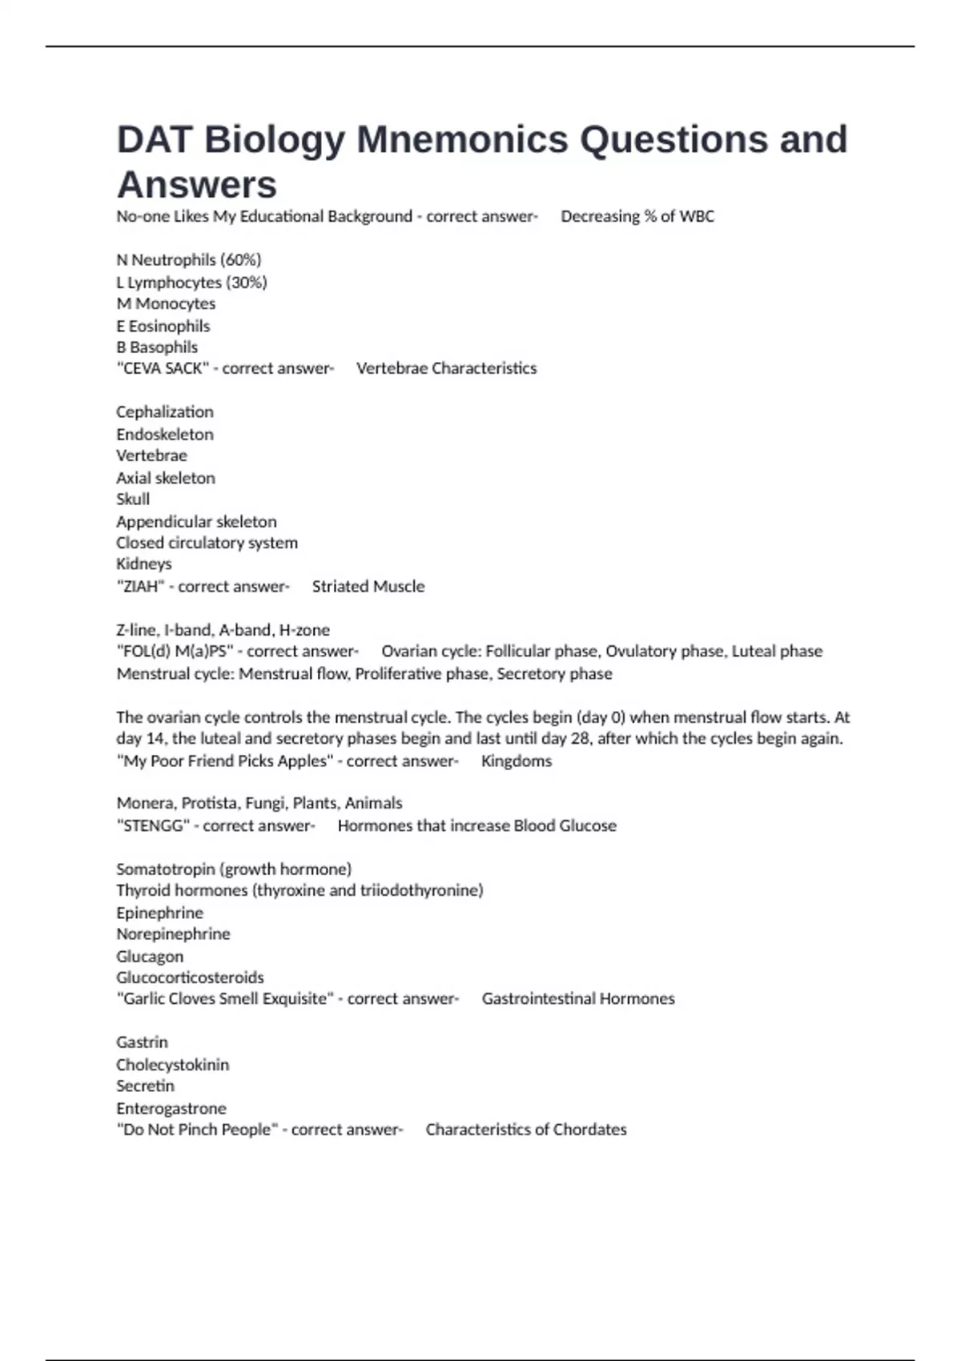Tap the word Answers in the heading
click(x=197, y=186)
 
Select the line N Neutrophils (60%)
click(x=189, y=260)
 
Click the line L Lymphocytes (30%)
click(x=191, y=283)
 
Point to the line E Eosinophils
click(x=163, y=327)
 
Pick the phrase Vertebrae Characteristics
click(x=446, y=369)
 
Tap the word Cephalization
click(x=165, y=412)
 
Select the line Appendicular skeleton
click(x=196, y=522)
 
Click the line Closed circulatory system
click(x=207, y=543)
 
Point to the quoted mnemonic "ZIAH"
click(x=140, y=587)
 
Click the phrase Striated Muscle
click(x=368, y=587)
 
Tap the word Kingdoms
click(x=517, y=761)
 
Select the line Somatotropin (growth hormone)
click(x=234, y=869)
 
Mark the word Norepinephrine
click(x=173, y=934)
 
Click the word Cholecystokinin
click(x=172, y=1066)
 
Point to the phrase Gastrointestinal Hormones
click(x=578, y=999)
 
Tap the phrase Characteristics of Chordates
click(x=526, y=1130)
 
